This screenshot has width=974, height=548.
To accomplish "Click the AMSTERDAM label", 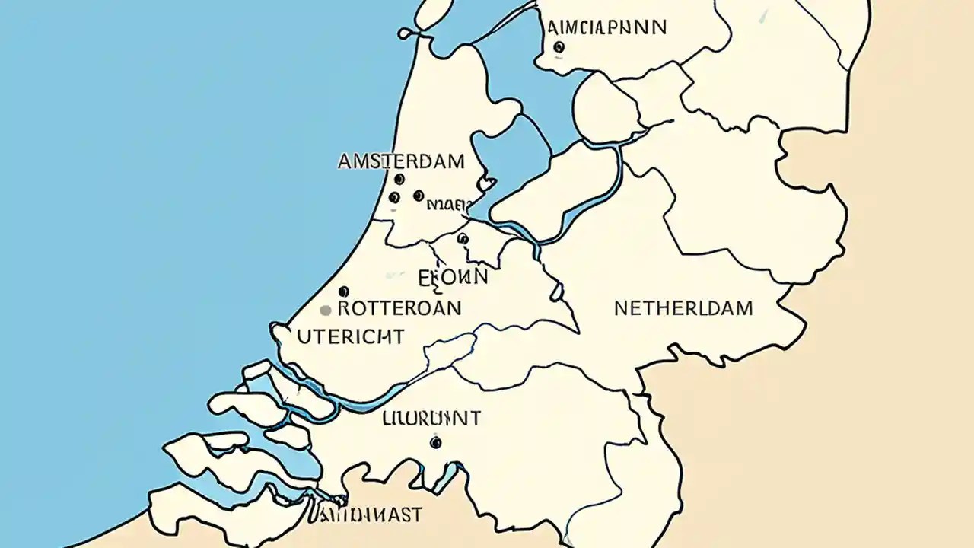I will pyautogui.click(x=400, y=161).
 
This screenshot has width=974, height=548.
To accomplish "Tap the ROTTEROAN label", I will pyautogui.click(x=399, y=308).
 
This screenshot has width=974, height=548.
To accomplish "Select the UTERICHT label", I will pyautogui.click(x=351, y=336).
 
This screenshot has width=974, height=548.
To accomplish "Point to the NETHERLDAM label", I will pyautogui.click(x=683, y=308).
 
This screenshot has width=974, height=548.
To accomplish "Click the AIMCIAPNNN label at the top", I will pyautogui.click(x=606, y=27).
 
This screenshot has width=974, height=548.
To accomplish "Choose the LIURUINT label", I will pyautogui.click(x=431, y=418).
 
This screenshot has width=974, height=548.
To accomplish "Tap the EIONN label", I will pyautogui.click(x=454, y=277).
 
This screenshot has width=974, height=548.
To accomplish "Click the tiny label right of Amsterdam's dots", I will pyautogui.click(x=449, y=204).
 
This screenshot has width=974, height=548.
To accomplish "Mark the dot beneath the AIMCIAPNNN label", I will pyautogui.click(x=559, y=47).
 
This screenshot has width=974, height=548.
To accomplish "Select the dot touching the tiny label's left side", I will pyautogui.click(x=418, y=196).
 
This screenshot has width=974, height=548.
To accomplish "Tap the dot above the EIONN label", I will pyautogui.click(x=462, y=238).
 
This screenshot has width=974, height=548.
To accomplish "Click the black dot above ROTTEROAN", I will pyautogui.click(x=343, y=291).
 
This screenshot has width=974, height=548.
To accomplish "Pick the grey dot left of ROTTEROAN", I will pyautogui.click(x=326, y=310).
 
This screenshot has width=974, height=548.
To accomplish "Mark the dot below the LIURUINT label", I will pyautogui.click(x=435, y=441).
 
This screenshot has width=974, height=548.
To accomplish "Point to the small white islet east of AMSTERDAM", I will pyautogui.click(x=485, y=184).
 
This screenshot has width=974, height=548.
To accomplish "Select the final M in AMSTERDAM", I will pyautogui.click(x=455, y=161).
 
